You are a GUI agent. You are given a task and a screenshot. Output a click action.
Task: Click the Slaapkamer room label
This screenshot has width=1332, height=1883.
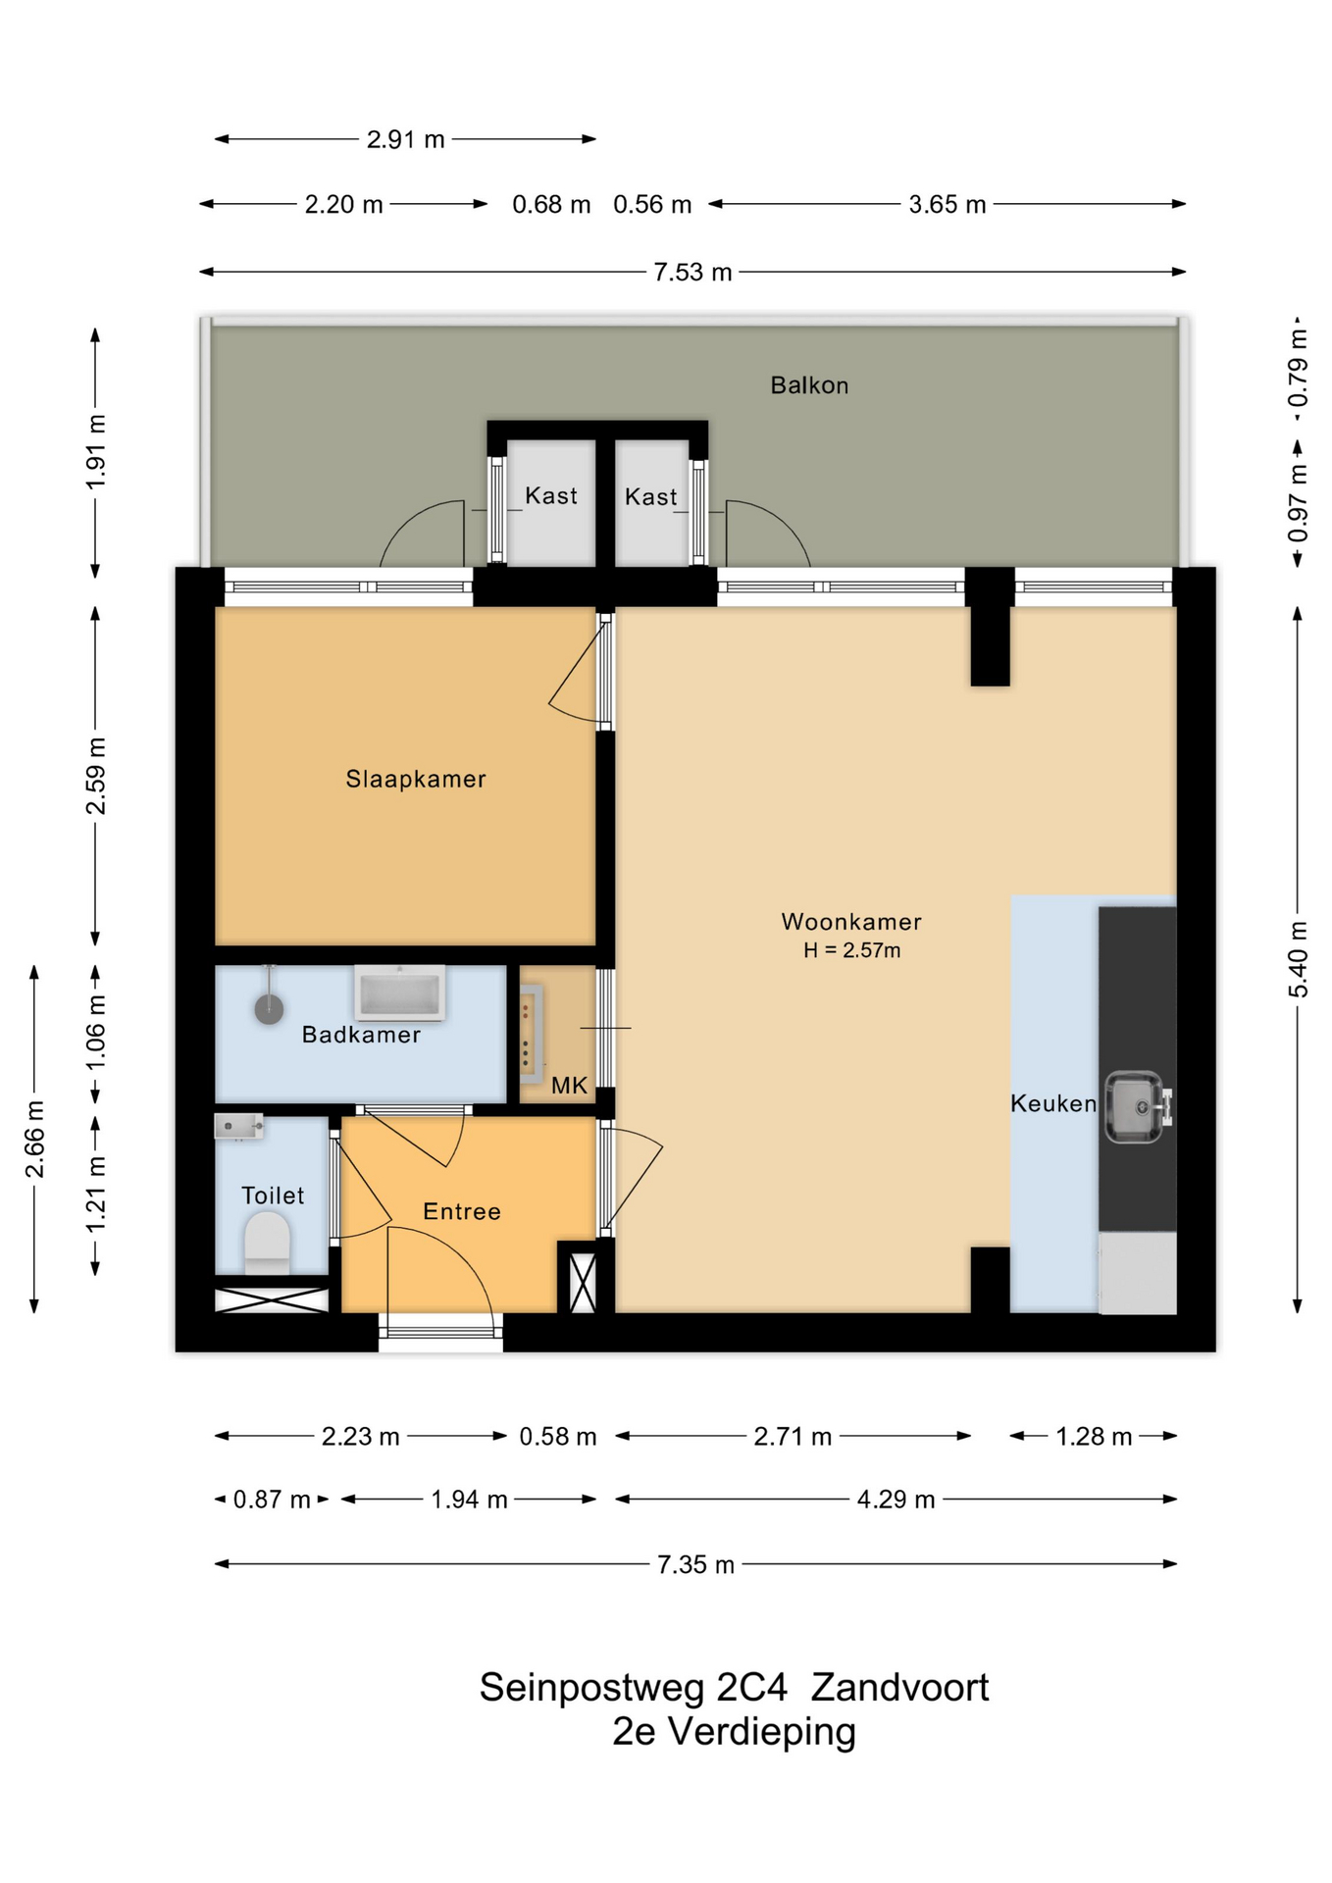(x=416, y=779)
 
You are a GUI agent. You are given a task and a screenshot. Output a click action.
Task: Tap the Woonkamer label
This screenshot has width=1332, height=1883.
(x=851, y=922)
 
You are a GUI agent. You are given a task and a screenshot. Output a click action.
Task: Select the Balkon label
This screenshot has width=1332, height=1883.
(x=809, y=385)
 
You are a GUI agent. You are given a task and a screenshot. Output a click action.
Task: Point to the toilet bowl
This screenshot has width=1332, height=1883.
(x=267, y=1243)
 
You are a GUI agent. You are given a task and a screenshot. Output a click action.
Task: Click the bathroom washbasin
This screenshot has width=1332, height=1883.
(x=399, y=992)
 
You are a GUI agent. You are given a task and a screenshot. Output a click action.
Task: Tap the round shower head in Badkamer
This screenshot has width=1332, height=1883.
(x=269, y=1008)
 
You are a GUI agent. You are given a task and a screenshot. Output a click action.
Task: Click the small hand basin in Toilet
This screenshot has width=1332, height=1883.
(x=238, y=1126)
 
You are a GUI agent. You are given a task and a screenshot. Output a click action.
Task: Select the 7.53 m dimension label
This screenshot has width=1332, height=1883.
(x=692, y=273)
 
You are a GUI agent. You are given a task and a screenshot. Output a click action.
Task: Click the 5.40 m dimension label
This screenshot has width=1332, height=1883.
(x=1298, y=959)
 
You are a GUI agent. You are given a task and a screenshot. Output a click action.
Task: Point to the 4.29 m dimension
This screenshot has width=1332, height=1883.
(x=896, y=1500)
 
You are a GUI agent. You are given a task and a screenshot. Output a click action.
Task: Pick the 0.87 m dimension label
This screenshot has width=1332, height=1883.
(x=272, y=1500)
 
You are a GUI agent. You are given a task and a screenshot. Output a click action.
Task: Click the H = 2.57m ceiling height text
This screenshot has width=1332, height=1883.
(x=851, y=950)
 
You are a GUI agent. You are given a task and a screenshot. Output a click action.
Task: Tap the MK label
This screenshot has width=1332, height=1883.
(x=569, y=1086)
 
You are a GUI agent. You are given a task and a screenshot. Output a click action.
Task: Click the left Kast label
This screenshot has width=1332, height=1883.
(x=551, y=496)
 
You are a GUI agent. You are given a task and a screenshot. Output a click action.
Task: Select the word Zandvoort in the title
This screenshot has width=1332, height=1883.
(x=899, y=1688)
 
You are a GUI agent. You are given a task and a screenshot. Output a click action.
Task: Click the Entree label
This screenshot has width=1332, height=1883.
(x=462, y=1212)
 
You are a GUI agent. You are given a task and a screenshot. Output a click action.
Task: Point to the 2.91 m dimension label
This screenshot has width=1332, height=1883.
(x=406, y=139)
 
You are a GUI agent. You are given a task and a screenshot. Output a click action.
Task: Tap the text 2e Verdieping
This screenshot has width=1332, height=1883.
(x=734, y=1733)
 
